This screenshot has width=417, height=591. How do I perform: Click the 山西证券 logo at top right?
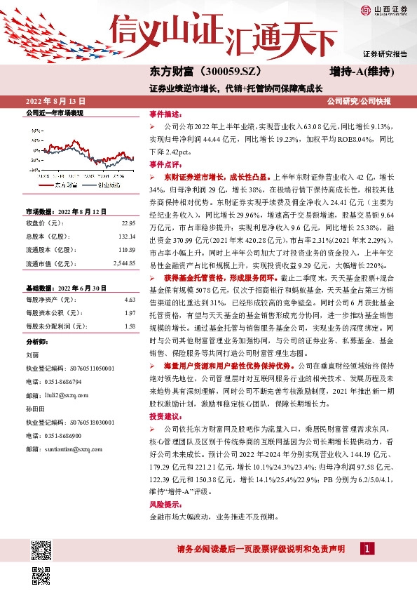click(383, 9)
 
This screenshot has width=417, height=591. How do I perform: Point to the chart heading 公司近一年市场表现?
click(54, 112)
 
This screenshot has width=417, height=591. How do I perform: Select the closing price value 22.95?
click(128, 223)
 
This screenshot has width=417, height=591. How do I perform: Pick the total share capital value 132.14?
click(126, 237)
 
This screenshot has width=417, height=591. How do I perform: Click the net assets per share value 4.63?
click(130, 300)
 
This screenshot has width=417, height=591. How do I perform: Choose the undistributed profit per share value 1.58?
click(130, 326)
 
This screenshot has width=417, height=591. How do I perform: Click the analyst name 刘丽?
click(32, 354)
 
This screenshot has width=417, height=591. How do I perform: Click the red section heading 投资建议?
click(165, 417)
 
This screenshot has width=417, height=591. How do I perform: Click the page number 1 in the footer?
click(367, 549)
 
